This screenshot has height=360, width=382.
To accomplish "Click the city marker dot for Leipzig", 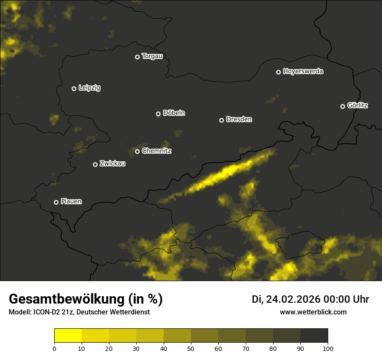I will (74, 88).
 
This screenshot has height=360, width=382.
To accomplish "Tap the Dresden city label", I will (239, 119).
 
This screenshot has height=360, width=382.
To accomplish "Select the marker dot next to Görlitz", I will (342, 106).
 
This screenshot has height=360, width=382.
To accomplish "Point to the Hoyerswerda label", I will (303, 72).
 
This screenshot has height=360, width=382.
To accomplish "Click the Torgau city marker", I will (137, 57).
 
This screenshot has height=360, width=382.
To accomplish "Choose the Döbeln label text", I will (174, 113).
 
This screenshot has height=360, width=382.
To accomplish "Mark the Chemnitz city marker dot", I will (137, 151).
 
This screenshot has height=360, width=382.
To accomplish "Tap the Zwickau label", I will (112, 164).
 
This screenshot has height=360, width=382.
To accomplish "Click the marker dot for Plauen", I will (56, 202).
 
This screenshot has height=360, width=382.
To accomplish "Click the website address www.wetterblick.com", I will (313, 312).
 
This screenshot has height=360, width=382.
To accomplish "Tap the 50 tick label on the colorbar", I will (191, 348).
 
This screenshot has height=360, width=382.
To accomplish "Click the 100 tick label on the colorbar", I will (328, 348).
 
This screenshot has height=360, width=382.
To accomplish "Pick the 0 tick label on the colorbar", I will (54, 348).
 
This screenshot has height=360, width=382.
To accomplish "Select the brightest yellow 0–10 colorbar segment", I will (68, 336).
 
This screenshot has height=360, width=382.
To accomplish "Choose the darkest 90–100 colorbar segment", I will (314, 336).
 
